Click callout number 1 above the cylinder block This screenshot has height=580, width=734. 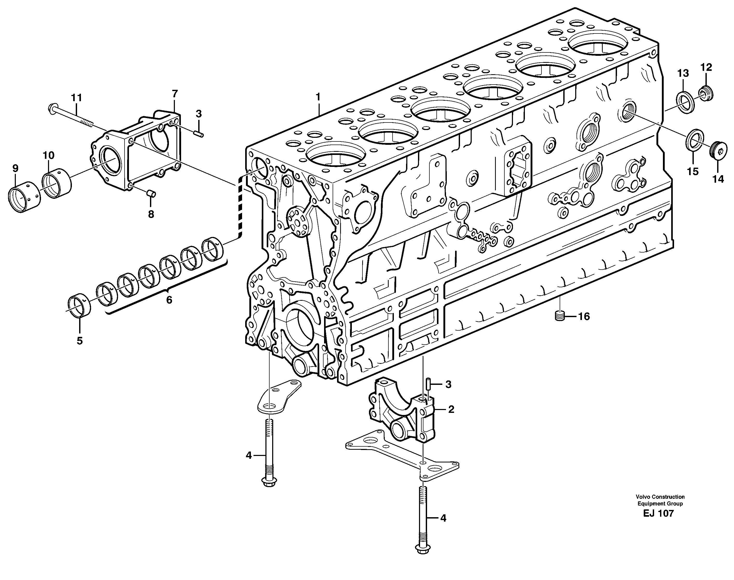pyautogui.click(x=318, y=97)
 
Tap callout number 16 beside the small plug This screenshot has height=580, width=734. pyautogui.click(x=584, y=317)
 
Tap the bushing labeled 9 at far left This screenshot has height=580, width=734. pyautogui.click(x=24, y=199)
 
